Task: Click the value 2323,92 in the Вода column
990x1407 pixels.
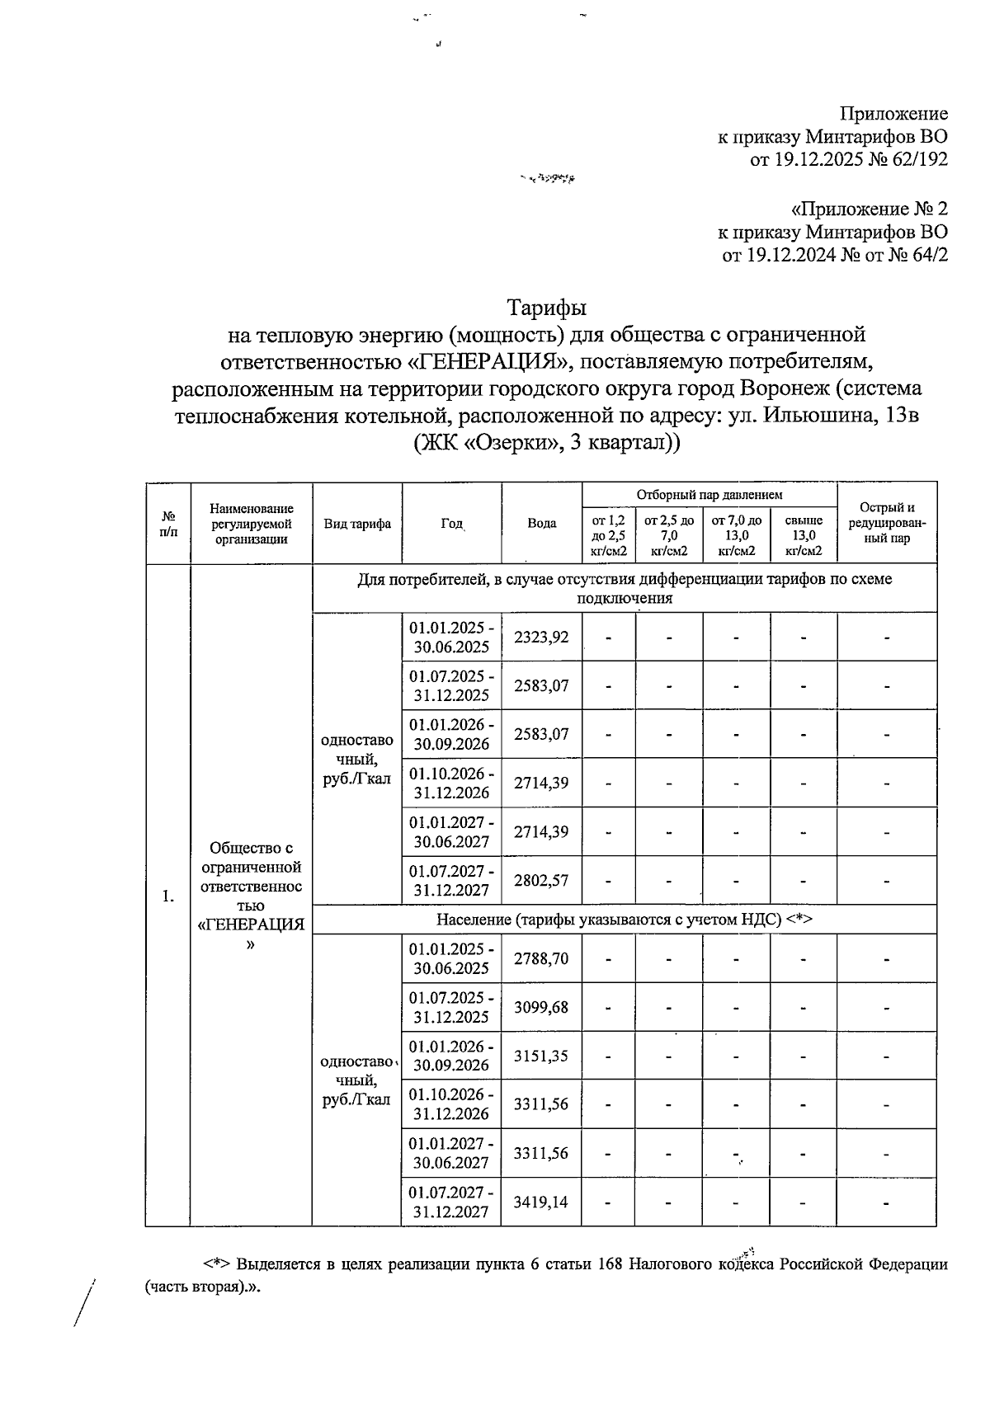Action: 541,637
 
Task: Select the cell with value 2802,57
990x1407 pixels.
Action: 541,880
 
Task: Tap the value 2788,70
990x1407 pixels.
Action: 541,958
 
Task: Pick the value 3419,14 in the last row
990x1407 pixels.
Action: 541,1202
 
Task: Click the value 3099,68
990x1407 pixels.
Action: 541,1007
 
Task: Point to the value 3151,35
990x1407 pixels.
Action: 541,1056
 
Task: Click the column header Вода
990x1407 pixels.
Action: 541,523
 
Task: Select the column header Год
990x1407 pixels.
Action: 451,523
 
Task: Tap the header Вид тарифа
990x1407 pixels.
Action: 357,523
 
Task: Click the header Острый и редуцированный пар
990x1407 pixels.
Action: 887,523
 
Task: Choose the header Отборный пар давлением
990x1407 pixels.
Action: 709,495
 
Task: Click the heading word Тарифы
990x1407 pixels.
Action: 546,308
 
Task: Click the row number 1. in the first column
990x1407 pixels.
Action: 168,896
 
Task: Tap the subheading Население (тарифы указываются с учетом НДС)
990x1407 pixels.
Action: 625,919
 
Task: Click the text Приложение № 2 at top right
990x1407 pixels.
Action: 869,209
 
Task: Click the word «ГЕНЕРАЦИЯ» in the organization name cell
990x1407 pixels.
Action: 252,925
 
